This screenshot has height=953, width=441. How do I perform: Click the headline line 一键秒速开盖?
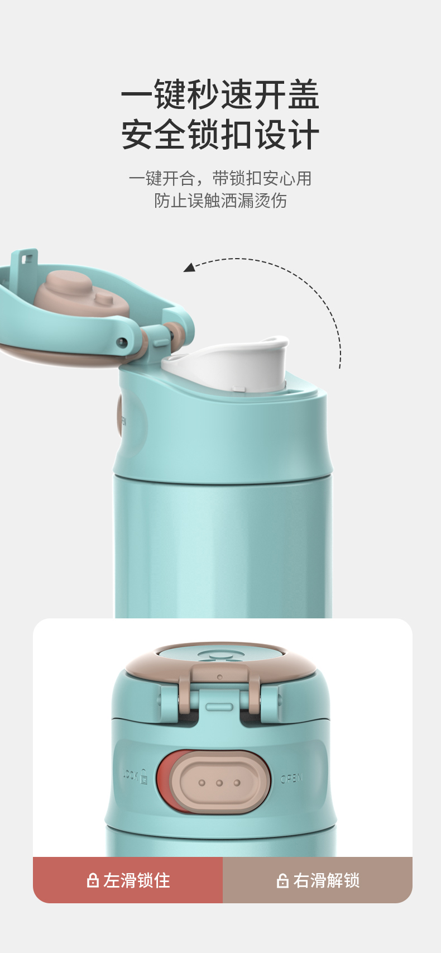[x=220, y=94]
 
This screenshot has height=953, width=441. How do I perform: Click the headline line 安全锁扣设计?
[x=220, y=135]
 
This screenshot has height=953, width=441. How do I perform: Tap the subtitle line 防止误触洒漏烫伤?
[x=220, y=201]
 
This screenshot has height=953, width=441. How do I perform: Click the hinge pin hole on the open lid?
[x=122, y=341]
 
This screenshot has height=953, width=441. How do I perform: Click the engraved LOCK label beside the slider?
[x=135, y=775]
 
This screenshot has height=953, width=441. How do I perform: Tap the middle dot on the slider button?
[x=219, y=783]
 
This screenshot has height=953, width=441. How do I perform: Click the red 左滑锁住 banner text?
[x=137, y=881]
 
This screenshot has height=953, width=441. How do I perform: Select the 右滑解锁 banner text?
[x=326, y=881]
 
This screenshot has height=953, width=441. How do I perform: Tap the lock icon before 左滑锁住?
[x=92, y=881]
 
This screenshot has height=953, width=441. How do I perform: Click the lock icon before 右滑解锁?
[x=282, y=881]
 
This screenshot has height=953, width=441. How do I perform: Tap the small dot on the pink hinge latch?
[x=219, y=677]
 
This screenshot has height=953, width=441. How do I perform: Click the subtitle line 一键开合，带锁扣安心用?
[x=220, y=178]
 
